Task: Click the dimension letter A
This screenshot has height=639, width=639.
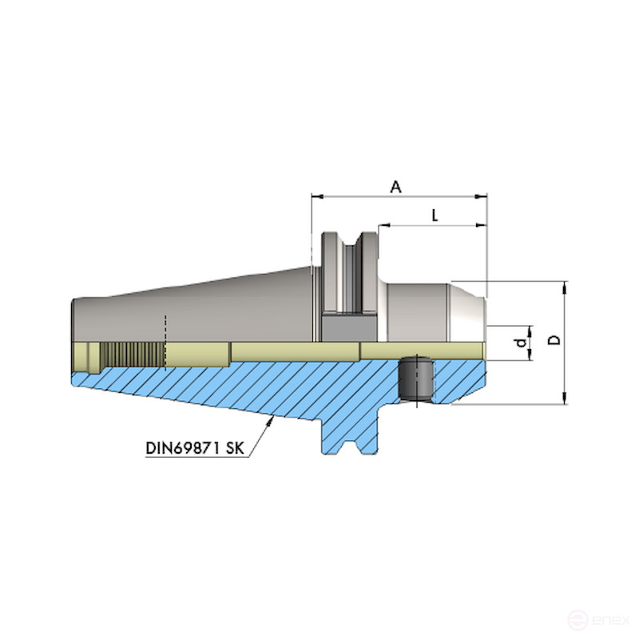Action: point(395,186)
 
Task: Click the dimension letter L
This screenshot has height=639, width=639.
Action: point(434,215)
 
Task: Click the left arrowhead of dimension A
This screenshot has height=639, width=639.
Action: point(315,195)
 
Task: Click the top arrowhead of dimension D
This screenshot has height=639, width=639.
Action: point(565,285)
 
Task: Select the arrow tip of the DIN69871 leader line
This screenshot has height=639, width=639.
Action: point(272,418)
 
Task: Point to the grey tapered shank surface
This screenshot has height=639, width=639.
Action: point(200,312)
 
